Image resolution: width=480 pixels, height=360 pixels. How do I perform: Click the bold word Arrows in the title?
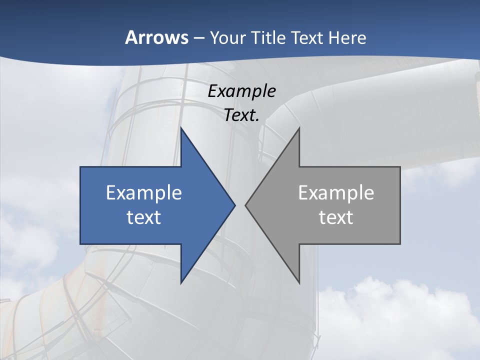156,38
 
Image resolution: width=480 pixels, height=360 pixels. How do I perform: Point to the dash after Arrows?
198,38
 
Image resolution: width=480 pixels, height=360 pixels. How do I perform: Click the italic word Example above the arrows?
242,91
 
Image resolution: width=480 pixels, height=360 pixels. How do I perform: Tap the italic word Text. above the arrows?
242,115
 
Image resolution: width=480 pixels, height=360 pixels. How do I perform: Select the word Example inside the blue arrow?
144,193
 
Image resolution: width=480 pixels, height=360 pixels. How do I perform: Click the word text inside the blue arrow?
144,217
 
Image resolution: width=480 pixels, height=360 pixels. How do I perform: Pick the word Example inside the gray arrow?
336,193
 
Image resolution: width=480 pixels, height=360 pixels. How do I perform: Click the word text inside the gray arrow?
336,217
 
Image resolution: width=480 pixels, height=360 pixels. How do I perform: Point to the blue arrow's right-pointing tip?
234,205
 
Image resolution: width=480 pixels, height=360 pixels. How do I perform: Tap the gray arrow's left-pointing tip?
246,205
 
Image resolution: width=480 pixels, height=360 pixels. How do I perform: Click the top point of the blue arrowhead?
181,128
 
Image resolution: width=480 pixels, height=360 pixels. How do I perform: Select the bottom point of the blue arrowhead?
181,282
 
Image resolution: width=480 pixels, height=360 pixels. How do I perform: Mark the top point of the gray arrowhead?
299,128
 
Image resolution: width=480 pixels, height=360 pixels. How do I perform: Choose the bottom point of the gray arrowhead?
299,282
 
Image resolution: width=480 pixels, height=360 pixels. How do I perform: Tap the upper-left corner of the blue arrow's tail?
81,167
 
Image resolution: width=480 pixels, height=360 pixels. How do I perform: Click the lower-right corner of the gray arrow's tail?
399,243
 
